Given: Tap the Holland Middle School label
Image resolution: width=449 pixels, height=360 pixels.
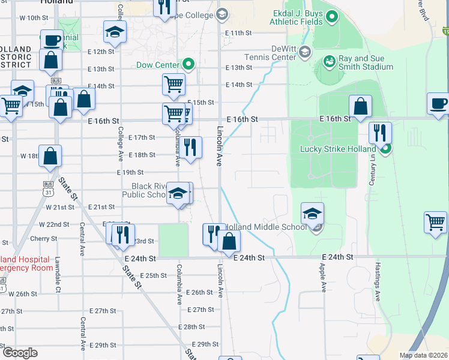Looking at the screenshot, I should click(x=264, y=227).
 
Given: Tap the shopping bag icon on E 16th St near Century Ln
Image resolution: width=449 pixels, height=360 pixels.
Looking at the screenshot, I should click(x=360, y=106).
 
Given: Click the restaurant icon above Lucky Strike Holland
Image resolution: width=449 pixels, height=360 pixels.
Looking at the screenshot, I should click(x=380, y=133).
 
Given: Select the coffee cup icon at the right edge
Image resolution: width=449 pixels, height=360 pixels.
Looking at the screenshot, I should click(x=438, y=103).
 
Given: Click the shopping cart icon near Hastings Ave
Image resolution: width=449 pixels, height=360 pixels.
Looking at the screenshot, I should click(x=435, y=222).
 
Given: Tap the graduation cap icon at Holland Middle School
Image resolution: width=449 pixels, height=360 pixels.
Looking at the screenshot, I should click(x=312, y=214).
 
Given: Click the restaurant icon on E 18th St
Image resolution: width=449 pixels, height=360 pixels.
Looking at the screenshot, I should click(x=190, y=147).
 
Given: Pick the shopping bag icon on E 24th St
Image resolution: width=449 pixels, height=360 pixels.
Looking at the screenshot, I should click(x=229, y=241).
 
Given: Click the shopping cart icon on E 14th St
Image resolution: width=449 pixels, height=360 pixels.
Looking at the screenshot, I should click(x=173, y=84).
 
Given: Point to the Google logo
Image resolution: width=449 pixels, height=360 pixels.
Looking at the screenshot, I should click(x=20, y=353).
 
